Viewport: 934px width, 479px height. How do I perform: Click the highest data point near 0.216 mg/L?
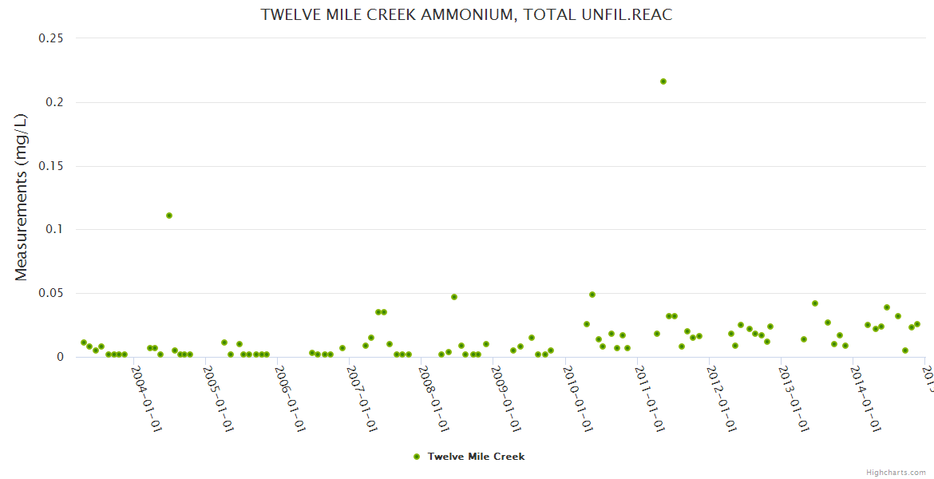point(663,81)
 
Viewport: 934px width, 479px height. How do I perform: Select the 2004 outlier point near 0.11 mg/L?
point(169,216)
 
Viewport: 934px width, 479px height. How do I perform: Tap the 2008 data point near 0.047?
point(454,297)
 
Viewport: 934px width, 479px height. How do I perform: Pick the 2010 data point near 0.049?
point(592,295)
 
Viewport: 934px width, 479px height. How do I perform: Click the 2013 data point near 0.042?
point(815,303)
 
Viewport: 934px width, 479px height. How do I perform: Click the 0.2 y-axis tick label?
point(56,102)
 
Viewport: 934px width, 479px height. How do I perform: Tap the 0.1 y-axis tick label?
point(56,230)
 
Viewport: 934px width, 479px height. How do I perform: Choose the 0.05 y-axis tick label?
point(51,294)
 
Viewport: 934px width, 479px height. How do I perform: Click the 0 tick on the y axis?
point(60,357)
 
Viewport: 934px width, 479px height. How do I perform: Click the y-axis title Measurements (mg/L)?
point(22,197)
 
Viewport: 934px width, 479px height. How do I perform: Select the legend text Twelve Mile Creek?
point(476,457)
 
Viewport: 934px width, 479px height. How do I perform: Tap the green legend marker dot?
point(417,457)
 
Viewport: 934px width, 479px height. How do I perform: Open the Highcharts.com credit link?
point(896,472)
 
